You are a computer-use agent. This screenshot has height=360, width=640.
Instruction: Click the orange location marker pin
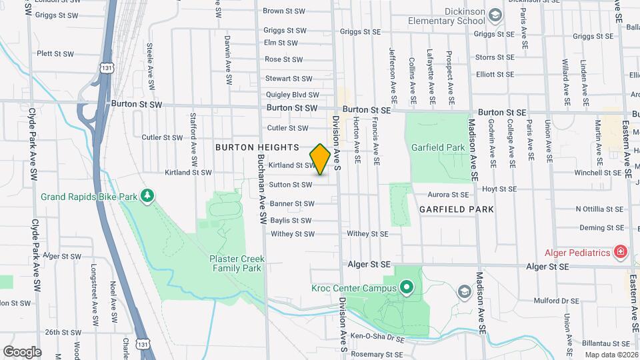click(x=320, y=159)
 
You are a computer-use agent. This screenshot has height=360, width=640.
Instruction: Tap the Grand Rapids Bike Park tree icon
click(x=147, y=196)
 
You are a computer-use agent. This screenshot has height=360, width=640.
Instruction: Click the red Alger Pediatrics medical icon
click(x=620, y=252)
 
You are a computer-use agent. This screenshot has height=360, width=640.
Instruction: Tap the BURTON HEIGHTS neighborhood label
click(x=257, y=147)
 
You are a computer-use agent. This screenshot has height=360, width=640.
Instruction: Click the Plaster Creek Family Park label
click(x=237, y=263)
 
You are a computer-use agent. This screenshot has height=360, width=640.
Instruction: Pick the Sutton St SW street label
click(x=291, y=185)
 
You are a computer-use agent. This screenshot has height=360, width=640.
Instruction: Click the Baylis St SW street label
click(x=291, y=221)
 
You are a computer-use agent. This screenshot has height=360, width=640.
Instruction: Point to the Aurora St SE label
click(x=449, y=195)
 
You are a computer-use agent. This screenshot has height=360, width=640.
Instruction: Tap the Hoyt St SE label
click(x=499, y=189)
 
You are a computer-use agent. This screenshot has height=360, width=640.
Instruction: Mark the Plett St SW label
click(x=53, y=53)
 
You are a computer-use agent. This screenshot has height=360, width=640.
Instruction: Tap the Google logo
click(x=22, y=351)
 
